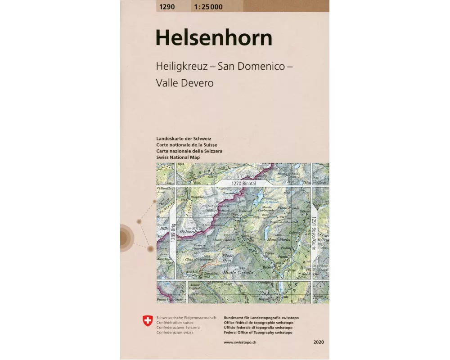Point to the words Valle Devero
[184, 83]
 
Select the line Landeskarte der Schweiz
[184, 139]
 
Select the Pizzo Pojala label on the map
[288, 208]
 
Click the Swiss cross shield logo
[147, 320]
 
